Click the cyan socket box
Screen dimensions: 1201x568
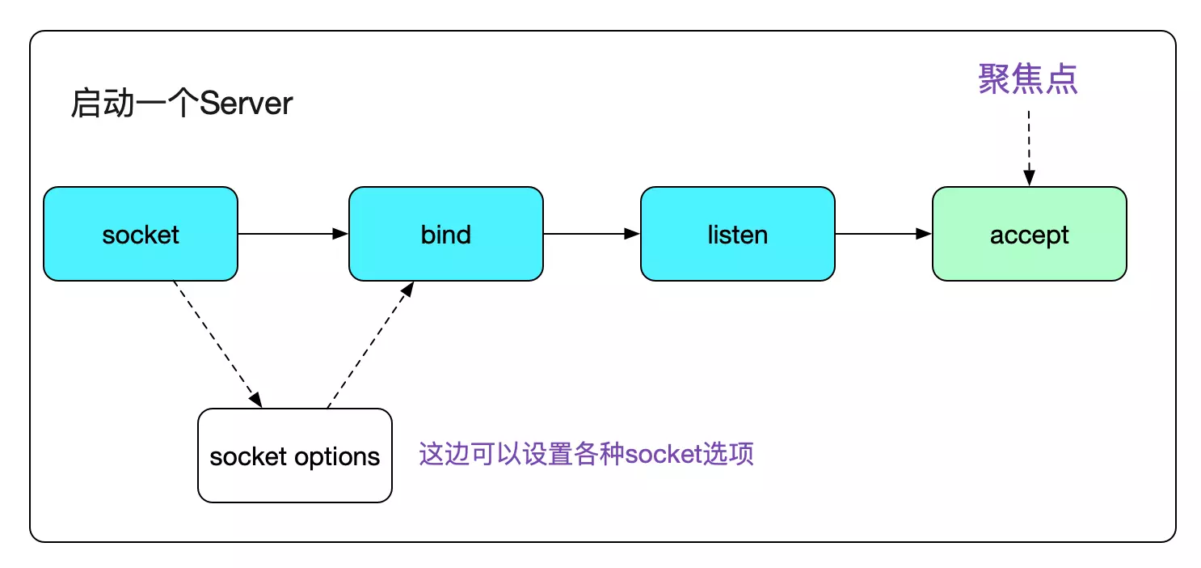tap(141, 234)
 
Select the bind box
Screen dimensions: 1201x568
tap(446, 234)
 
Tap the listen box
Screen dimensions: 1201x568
tap(738, 234)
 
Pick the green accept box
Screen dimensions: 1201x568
tap(1030, 234)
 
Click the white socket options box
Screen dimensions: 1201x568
tap(295, 456)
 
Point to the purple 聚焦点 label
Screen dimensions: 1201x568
tap(1028, 79)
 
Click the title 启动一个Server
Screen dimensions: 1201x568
tap(182, 103)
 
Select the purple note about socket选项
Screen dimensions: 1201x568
tap(587, 454)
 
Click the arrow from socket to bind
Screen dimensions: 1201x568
tap(293, 234)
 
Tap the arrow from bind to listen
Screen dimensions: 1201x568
tap(592, 234)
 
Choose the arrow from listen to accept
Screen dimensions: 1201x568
tap(883, 234)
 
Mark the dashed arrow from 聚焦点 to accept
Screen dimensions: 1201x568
tap(1029, 148)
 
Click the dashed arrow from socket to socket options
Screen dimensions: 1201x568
tap(217, 344)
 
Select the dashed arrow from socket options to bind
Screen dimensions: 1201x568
tap(370, 345)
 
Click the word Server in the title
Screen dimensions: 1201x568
tap(246, 103)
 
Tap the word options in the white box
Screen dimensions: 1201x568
tap(337, 457)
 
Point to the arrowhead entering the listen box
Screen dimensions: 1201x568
tap(632, 234)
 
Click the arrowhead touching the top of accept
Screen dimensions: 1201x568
tap(1029, 178)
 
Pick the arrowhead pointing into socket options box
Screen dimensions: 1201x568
tap(256, 400)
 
